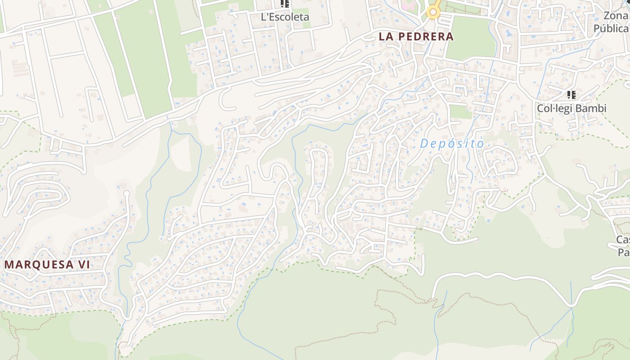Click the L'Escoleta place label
pyautogui.click(x=285, y=17)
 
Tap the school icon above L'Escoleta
pyautogui.click(x=284, y=4)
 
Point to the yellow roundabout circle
pyautogui.click(x=433, y=12)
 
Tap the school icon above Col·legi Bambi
pyautogui.click(x=571, y=95)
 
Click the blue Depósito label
pyautogui.click(x=452, y=144)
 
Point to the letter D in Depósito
pyautogui.click(x=424, y=144)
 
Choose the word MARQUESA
pyautogui.click(x=39, y=265)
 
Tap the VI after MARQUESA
pyautogui.click(x=84, y=265)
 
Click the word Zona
pyautogui.click(x=616, y=16)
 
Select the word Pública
pyautogui.click(x=611, y=28)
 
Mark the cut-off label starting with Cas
pyautogui.click(x=623, y=239)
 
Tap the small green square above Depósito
pyautogui.click(x=460, y=112)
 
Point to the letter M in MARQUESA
pyautogui.click(x=9, y=265)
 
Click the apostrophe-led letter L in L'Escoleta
pyautogui.click(x=264, y=17)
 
